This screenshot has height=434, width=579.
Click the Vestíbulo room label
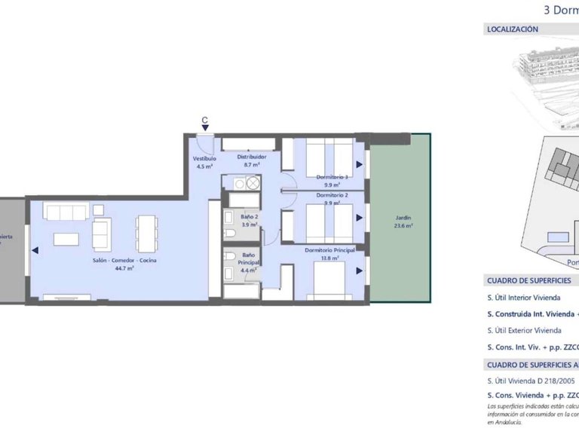[204, 159]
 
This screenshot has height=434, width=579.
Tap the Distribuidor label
[252, 157]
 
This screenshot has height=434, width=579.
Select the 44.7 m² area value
[124, 268]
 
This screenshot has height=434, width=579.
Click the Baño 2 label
[250, 216]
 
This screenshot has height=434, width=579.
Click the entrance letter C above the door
[205, 120]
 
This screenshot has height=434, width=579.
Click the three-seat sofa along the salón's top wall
[66, 212]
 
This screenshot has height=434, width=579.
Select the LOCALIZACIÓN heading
[513, 29]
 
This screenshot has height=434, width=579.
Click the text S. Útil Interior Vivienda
[523, 298]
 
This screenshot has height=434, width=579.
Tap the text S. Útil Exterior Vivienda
[524, 330]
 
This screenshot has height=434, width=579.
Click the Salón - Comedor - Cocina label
[124, 260]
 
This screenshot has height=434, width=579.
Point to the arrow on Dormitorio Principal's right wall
[359, 271]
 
